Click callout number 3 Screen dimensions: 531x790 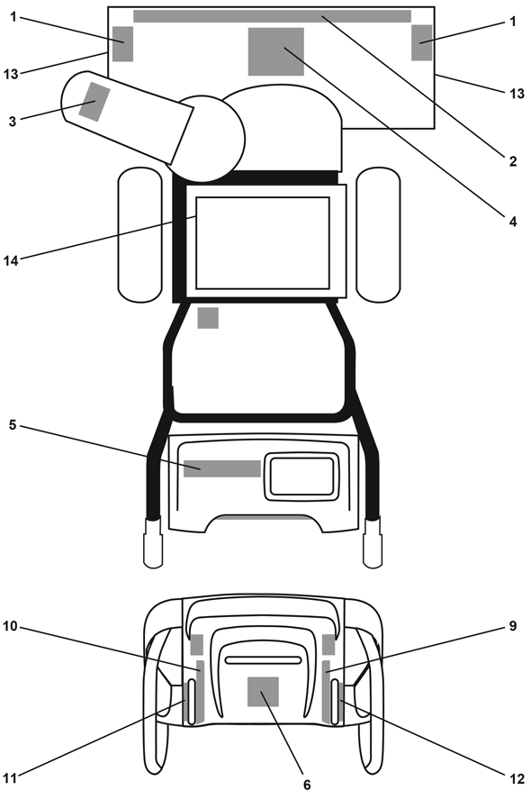(12, 122)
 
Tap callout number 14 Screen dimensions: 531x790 (11, 260)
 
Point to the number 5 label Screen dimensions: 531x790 (13, 424)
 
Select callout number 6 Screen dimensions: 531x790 (307, 784)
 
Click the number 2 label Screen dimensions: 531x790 (513, 161)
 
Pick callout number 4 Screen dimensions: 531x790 (513, 222)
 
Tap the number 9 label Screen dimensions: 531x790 (513, 626)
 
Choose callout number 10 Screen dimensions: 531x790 (10, 626)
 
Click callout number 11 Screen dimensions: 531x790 (10, 778)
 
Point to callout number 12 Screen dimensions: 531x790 (517, 779)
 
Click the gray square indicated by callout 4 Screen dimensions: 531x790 (275, 52)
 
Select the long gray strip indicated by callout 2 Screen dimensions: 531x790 (272, 16)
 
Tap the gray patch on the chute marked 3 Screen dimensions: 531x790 (94, 101)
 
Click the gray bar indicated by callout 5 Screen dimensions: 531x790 (222, 468)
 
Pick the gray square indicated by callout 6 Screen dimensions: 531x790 (263, 692)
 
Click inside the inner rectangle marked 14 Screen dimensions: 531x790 (263, 243)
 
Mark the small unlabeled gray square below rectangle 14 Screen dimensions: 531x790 (208, 318)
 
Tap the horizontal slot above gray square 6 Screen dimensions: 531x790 (263, 660)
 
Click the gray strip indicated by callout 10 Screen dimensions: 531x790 (201, 691)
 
